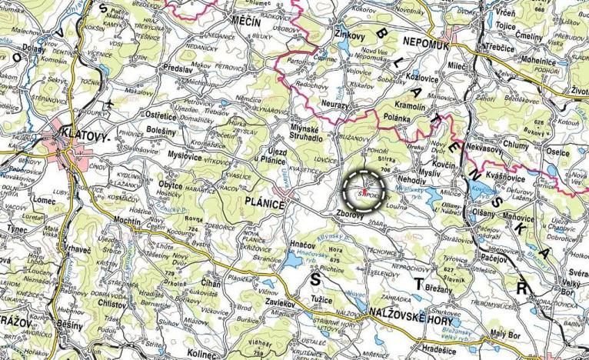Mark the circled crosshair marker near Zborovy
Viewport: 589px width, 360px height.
(x=363, y=187)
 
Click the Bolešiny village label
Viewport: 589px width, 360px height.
(x=161, y=131)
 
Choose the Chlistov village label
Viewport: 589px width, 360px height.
(x=115, y=304)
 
